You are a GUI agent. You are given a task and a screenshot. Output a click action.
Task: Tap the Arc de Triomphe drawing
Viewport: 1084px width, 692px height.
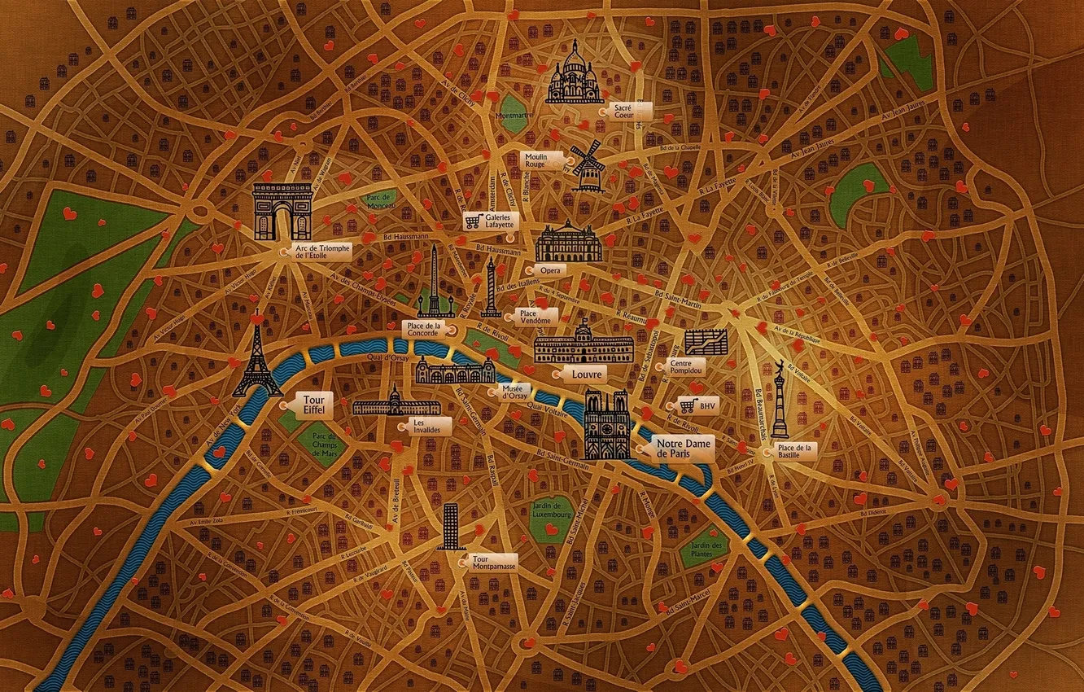pyautogui.click(x=282, y=211)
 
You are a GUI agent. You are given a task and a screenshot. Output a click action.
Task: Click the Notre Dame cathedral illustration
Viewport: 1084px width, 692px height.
pyautogui.click(x=607, y=424)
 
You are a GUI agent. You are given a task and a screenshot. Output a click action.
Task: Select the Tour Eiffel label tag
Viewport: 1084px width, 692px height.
pyautogui.click(x=312, y=405)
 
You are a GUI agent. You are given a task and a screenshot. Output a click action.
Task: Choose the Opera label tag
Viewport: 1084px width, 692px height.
pyautogui.click(x=550, y=269)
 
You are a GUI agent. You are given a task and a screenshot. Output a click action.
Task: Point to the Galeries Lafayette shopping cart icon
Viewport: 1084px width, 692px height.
pyautogui.click(x=472, y=221)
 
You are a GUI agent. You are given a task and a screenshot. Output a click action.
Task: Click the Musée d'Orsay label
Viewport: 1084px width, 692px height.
pyautogui.click(x=514, y=392)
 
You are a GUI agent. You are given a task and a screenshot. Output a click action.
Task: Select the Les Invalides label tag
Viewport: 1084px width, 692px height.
pyautogui.click(x=421, y=426)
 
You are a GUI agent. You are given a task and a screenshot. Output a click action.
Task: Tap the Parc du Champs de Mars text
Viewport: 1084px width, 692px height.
pyautogui.click(x=322, y=445)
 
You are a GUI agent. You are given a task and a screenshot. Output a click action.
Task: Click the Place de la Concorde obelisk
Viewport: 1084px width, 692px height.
pyautogui.click(x=435, y=281)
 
